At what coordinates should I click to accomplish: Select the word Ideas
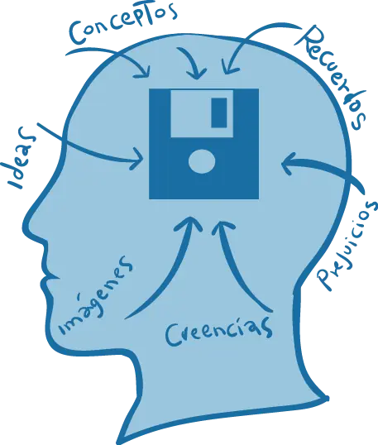pyautogui.click(x=20, y=158)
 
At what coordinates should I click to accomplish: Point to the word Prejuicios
pyautogui.click(x=347, y=245)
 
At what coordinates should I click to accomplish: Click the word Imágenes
pyautogui.click(x=96, y=295)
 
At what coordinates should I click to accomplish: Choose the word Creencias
pyautogui.click(x=219, y=331)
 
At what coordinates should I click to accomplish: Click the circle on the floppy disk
pyautogui.click(x=202, y=161)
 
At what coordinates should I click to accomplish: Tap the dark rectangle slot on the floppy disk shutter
pyautogui.click(x=219, y=112)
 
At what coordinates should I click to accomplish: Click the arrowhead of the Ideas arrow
pyautogui.click(x=137, y=160)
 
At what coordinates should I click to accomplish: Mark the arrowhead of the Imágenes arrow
pyautogui.click(x=191, y=224)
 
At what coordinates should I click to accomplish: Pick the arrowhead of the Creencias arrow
pyautogui.click(x=222, y=227)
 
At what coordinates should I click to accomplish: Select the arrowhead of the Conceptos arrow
pyautogui.click(x=144, y=71)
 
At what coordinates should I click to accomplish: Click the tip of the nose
pyautogui.click(x=28, y=218)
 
